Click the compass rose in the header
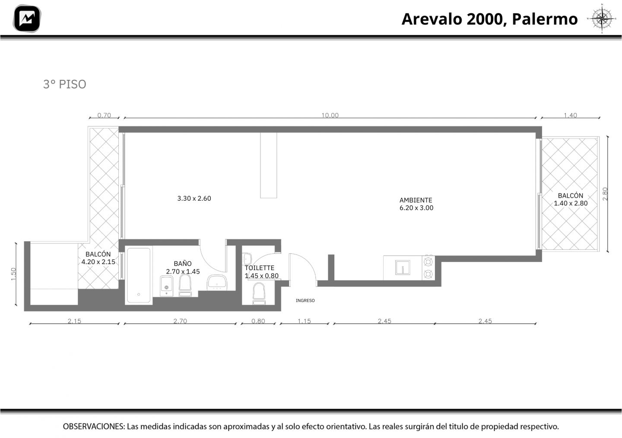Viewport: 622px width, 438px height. [x=602, y=18]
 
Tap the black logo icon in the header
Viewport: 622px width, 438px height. [x=27, y=19]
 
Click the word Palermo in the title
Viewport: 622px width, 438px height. [x=545, y=19]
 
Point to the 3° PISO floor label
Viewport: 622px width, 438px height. [x=65, y=84]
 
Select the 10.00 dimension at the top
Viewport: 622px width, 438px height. [x=330, y=115]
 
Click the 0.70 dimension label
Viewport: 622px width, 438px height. [x=104, y=115]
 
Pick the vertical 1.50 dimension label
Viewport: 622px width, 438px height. [x=13, y=274]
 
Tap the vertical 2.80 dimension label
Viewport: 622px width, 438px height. [x=605, y=194]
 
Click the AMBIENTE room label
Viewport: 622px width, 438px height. [x=416, y=200]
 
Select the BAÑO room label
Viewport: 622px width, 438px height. [x=182, y=263]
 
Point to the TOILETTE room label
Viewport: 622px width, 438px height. [x=259, y=268]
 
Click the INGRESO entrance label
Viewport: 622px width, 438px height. [x=305, y=300]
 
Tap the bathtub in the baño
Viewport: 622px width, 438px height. [x=139, y=275]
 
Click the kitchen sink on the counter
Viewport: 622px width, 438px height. [x=403, y=267]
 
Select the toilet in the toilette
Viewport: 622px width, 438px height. [x=259, y=294]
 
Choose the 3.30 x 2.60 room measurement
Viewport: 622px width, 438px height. [x=194, y=199]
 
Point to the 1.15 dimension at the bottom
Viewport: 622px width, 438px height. [x=305, y=321]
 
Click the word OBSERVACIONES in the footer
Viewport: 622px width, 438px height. [x=94, y=426]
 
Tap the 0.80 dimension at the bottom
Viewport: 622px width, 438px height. [x=258, y=321]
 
